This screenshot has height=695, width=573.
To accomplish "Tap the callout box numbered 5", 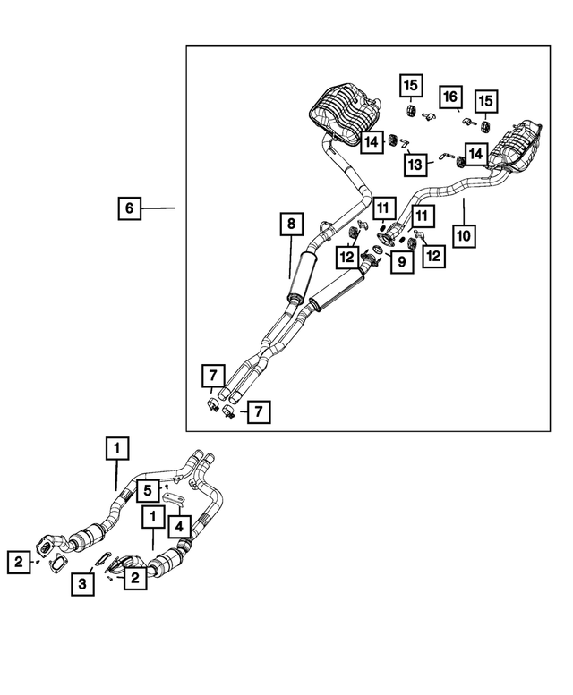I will pos(150,489).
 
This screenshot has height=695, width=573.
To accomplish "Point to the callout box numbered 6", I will pos(129,208).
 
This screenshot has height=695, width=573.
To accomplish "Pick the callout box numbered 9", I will pos(401,260).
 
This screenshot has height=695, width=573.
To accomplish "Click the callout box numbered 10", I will pos(464,236).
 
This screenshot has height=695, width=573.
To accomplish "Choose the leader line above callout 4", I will pos(182,507).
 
